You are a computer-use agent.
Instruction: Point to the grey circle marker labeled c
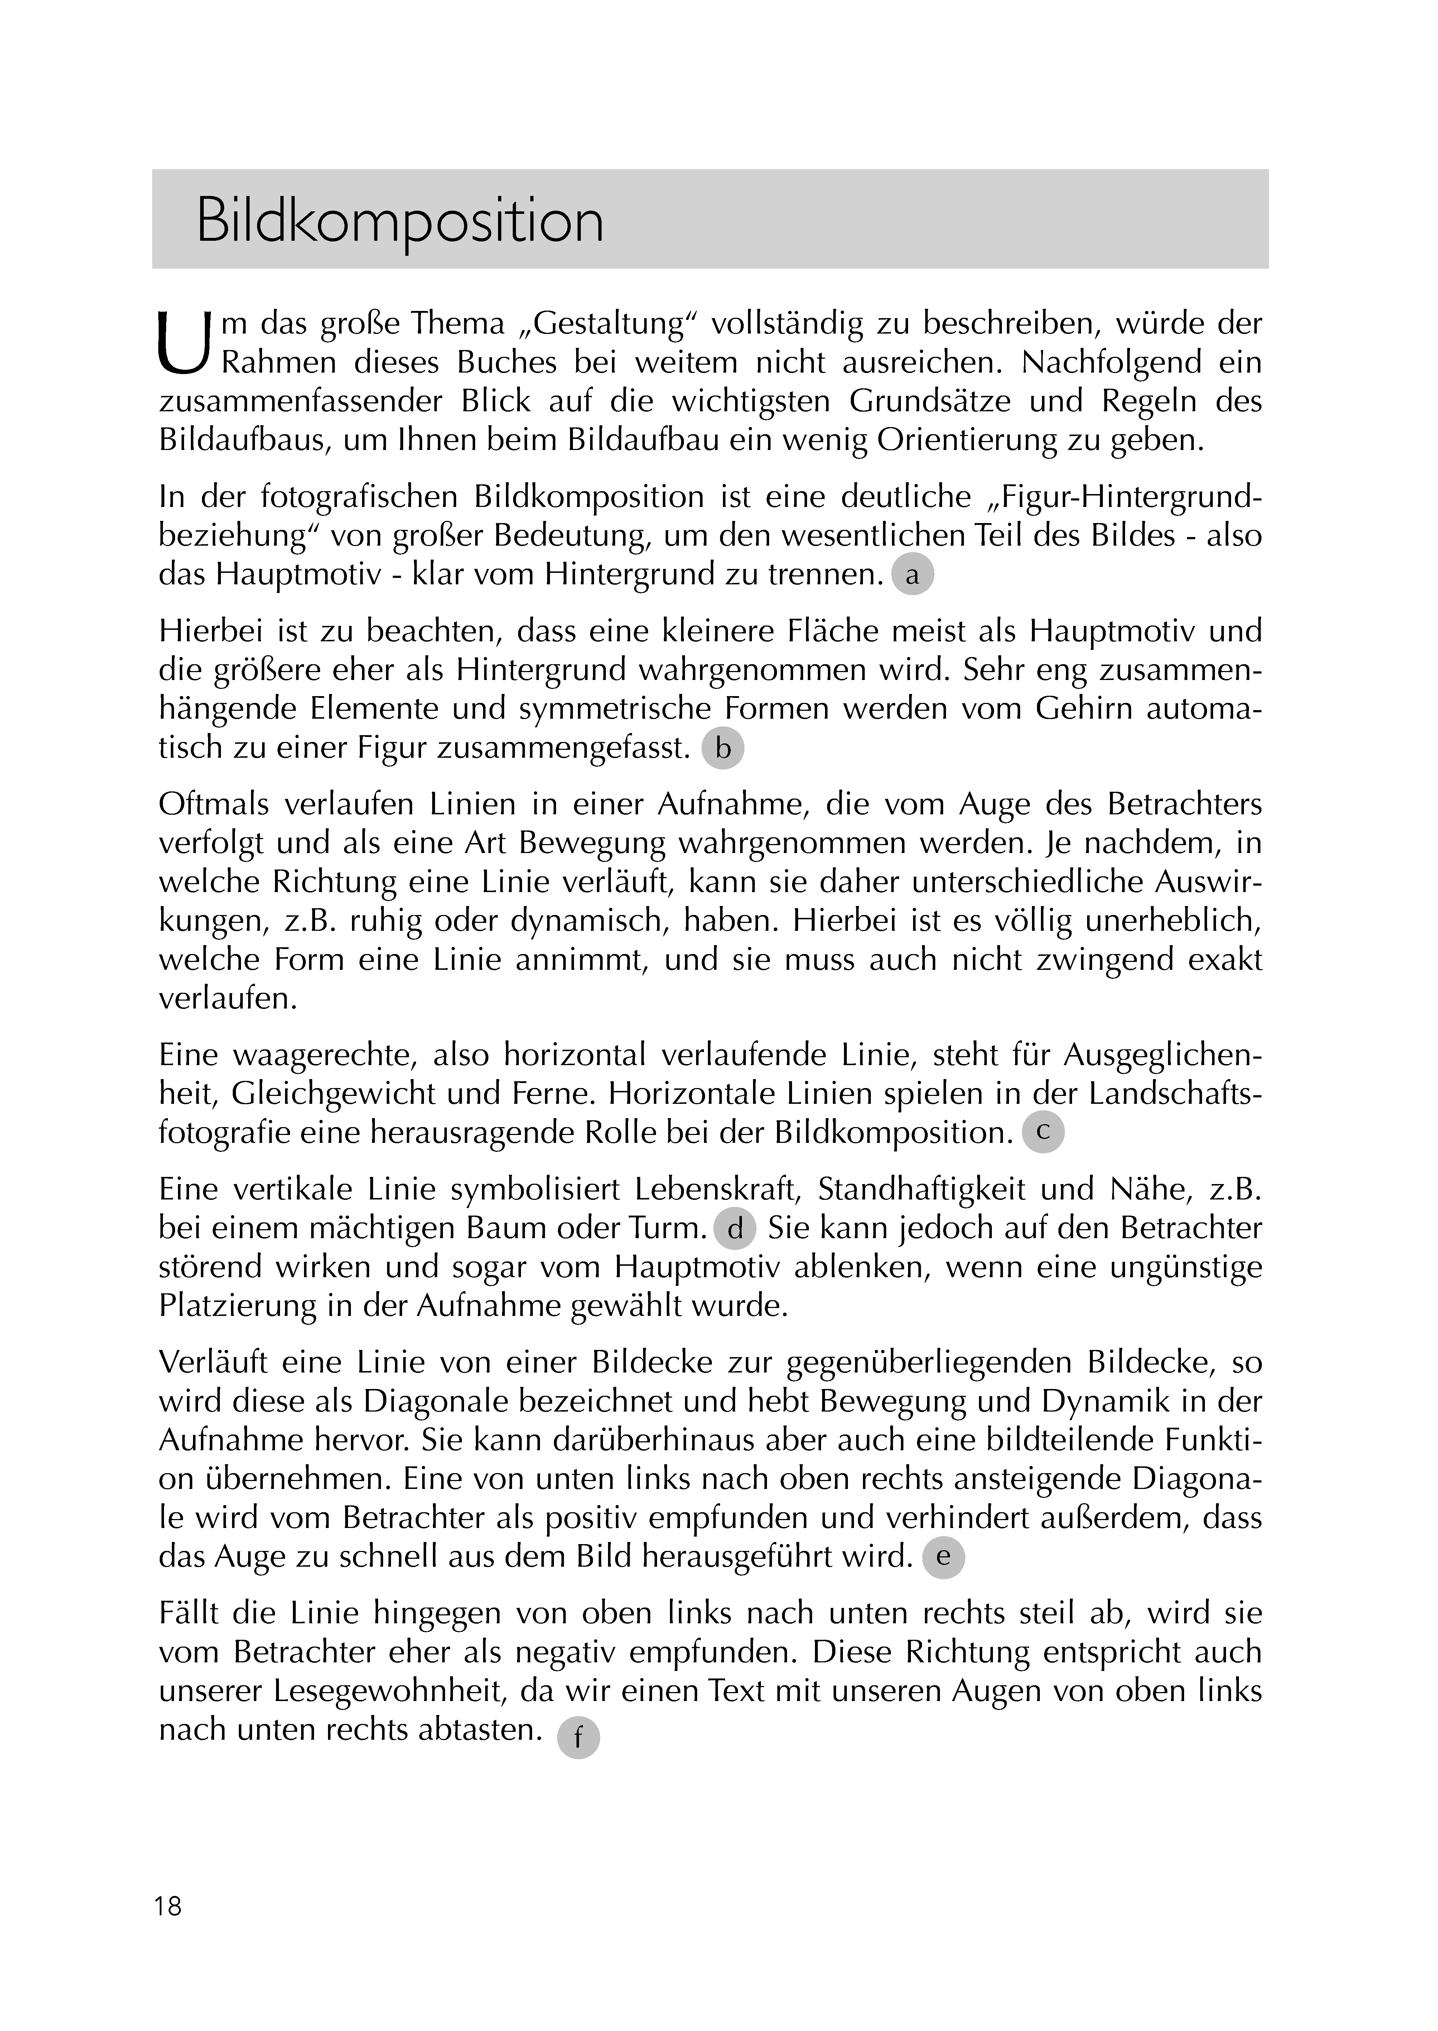click(1043, 1132)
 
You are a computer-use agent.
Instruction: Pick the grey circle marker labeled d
click(735, 1230)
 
